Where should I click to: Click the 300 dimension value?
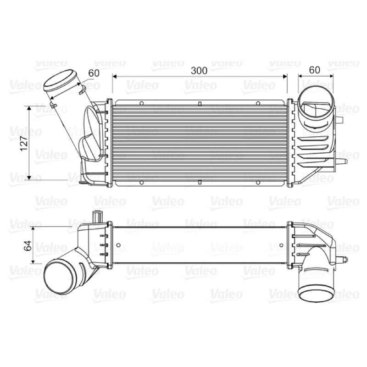coord(199,71)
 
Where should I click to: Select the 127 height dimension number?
coord(24,143)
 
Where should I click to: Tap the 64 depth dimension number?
coord(28,245)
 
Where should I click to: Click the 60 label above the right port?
coord(314,70)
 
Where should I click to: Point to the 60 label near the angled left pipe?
coord(94,73)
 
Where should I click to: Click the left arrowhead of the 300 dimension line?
coord(114,76)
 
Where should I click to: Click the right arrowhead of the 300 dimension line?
coord(285,76)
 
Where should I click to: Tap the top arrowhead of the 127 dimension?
coord(29,108)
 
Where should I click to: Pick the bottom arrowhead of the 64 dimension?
coord(33,261)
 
